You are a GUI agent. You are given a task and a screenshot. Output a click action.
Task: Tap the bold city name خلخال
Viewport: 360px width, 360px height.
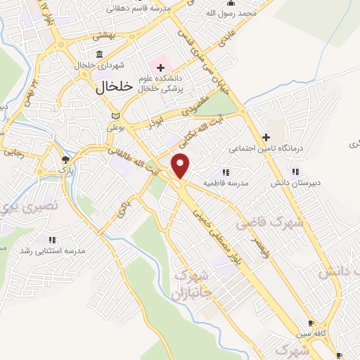pyautogui.click(x=114, y=87)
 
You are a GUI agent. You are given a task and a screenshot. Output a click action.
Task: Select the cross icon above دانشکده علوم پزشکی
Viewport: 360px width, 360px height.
pyautogui.click(x=162, y=67)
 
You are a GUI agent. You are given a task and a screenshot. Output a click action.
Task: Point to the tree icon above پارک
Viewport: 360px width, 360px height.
pyautogui.click(x=65, y=160)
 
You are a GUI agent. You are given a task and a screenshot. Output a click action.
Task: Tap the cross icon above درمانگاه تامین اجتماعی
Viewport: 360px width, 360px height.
pyautogui.click(x=266, y=138)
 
